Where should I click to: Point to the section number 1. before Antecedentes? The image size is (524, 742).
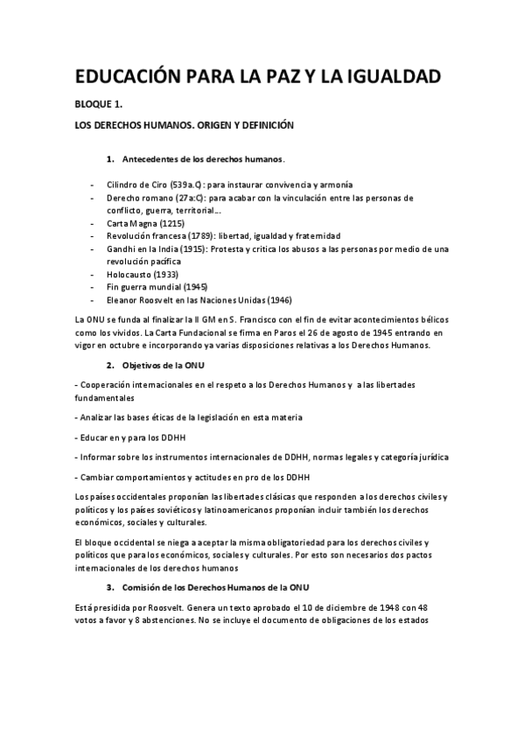click(110, 160)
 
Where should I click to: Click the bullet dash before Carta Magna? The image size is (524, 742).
click(92, 224)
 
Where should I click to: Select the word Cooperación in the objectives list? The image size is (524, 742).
click(108, 386)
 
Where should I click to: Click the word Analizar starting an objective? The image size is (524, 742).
click(98, 418)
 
